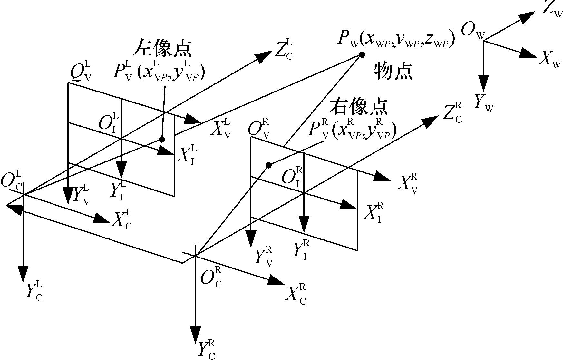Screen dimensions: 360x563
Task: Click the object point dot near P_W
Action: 362,55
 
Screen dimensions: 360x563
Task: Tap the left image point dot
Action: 162,139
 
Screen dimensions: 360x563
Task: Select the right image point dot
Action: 268,165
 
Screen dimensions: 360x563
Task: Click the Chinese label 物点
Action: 393,72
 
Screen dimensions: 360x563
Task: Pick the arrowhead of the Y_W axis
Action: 483,83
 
